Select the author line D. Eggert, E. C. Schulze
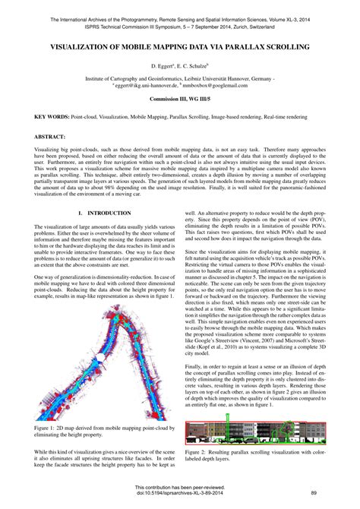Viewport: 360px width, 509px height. click(180, 67)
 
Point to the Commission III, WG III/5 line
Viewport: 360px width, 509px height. click(180, 100)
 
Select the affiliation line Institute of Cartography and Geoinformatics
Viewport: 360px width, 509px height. click(180, 78)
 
